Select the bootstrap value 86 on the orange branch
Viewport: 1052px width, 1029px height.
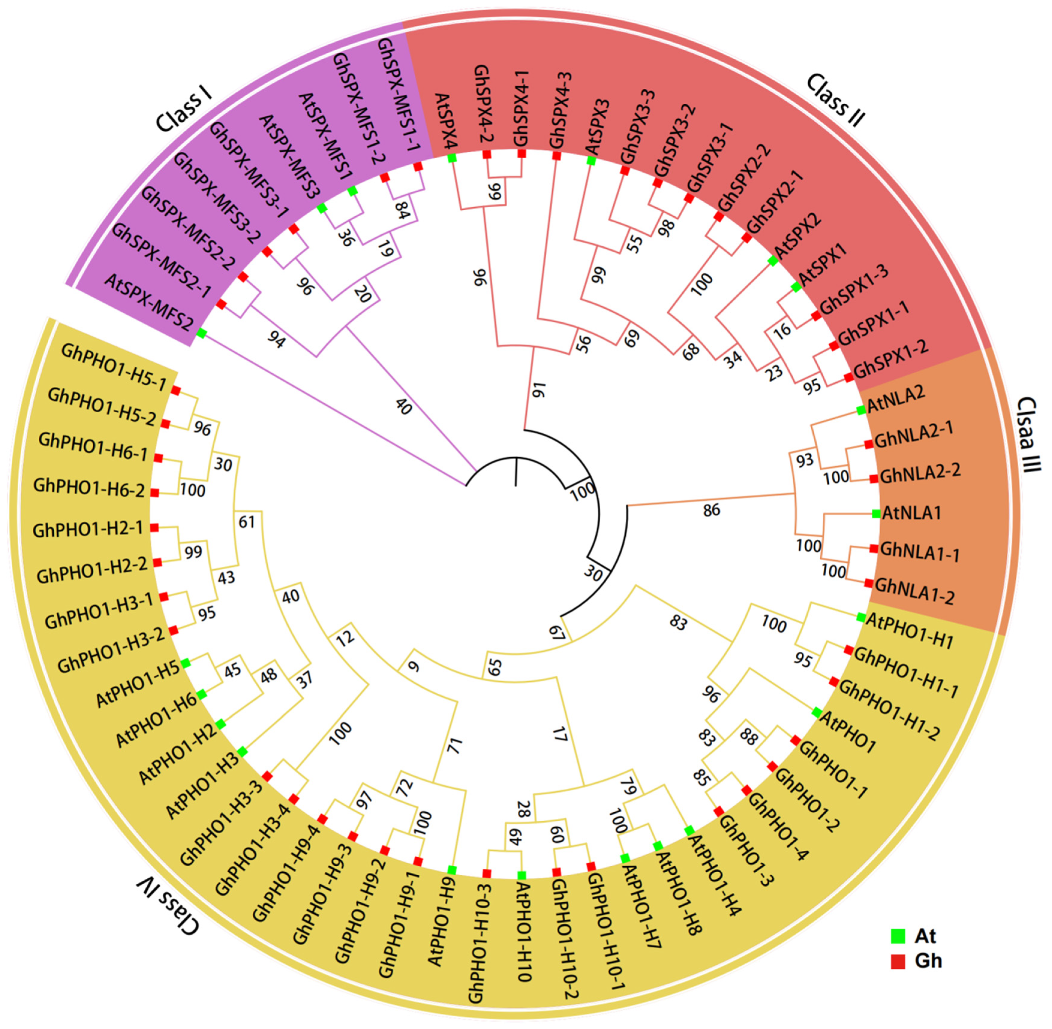pyautogui.click(x=711, y=510)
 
